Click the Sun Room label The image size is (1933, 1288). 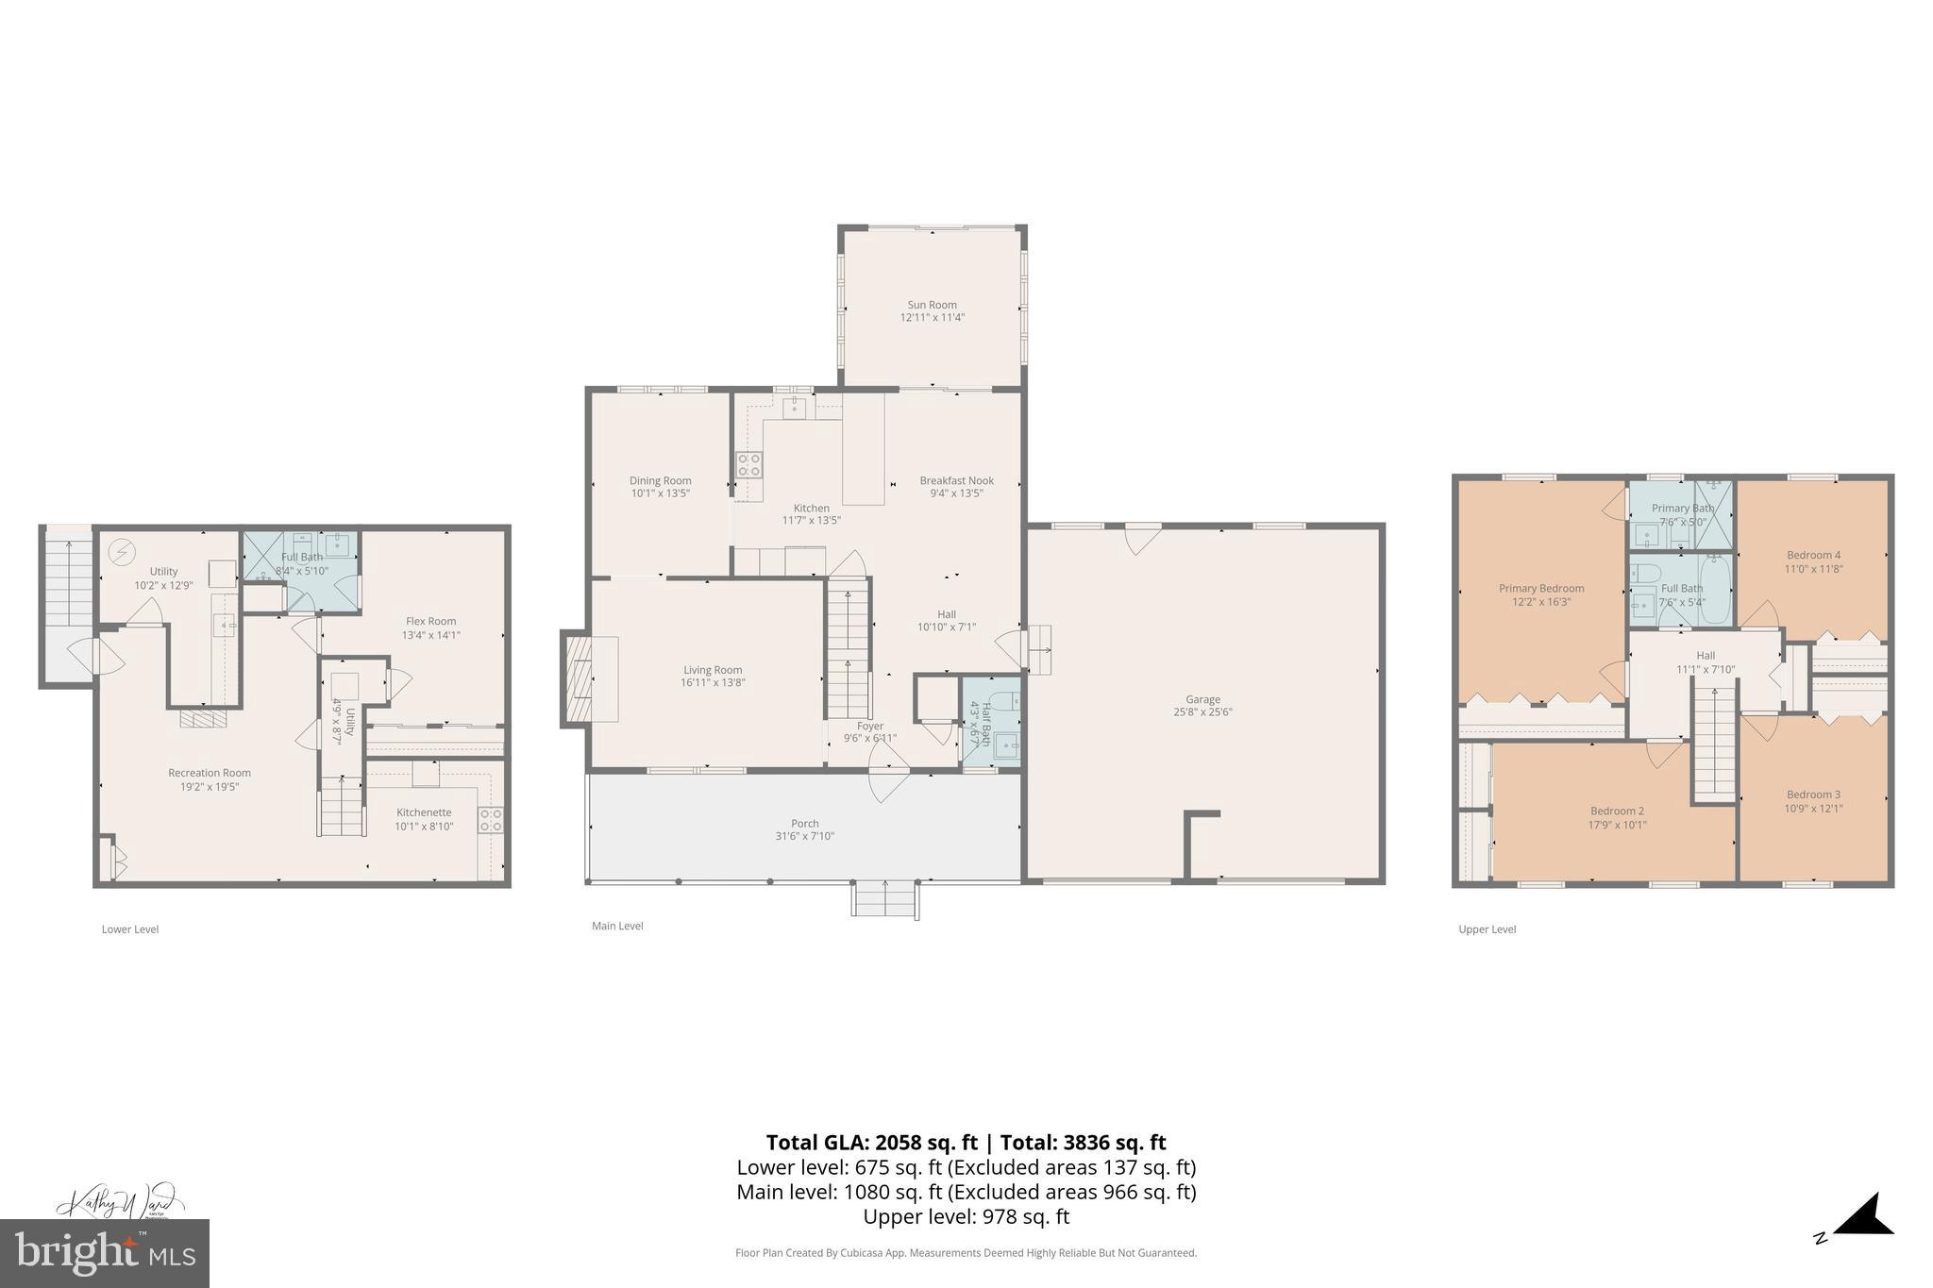click(932, 305)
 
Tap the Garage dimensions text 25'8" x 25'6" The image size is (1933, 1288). click(1202, 712)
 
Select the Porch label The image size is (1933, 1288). click(804, 824)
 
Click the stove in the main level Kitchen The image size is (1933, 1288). click(749, 463)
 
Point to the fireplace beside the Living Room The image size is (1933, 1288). click(577, 678)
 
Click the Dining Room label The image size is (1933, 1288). click(660, 480)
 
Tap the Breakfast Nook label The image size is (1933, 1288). click(956, 480)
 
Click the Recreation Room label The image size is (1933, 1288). click(210, 773)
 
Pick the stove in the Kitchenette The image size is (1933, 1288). click(490, 820)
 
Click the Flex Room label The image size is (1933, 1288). click(430, 621)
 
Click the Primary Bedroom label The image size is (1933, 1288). click(1541, 588)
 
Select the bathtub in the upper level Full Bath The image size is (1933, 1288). click(1714, 590)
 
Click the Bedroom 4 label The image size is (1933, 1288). click(1813, 555)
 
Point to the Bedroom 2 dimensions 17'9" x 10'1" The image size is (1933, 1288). click(1617, 825)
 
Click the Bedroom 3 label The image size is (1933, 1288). click(1813, 795)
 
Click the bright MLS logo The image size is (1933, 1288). click(105, 1253)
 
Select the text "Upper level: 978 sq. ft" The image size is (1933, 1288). click(966, 1216)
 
